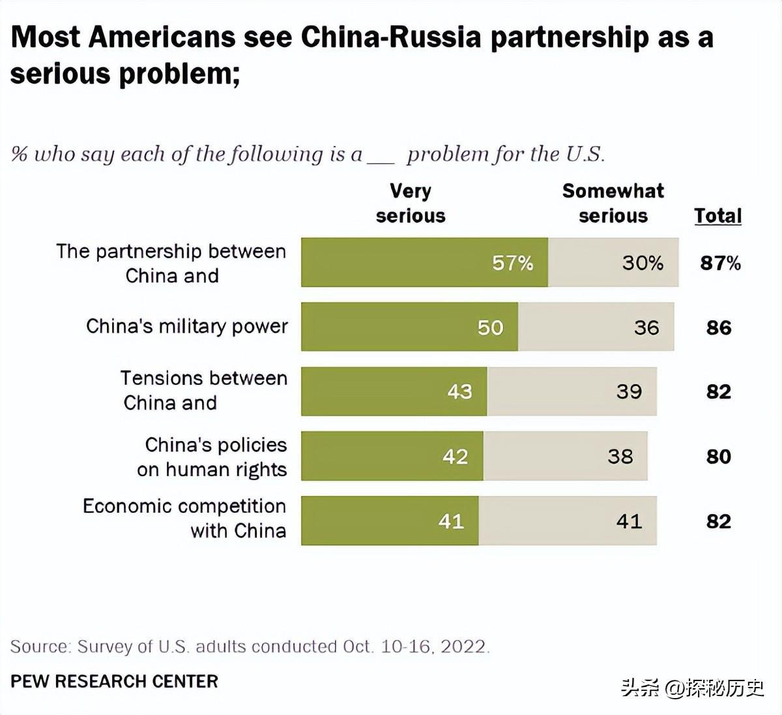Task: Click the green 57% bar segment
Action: (424, 262)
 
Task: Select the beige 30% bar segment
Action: (613, 262)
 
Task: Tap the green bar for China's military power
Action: (409, 327)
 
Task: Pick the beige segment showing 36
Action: (596, 327)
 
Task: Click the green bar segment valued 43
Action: (394, 391)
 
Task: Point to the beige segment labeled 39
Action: (572, 391)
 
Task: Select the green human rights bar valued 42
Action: (392, 456)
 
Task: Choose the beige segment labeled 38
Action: (565, 456)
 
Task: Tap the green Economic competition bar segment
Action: (389, 521)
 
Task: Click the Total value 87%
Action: (720, 263)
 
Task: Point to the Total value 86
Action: (719, 327)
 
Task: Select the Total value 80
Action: (719, 457)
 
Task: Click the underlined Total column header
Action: (717, 216)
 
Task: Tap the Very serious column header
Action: (411, 204)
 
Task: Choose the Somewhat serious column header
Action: (613, 204)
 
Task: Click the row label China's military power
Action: (187, 326)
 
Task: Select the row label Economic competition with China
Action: (185, 519)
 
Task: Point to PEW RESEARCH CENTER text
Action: (114, 682)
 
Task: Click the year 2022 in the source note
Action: (463, 647)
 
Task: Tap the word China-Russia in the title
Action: (391, 38)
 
